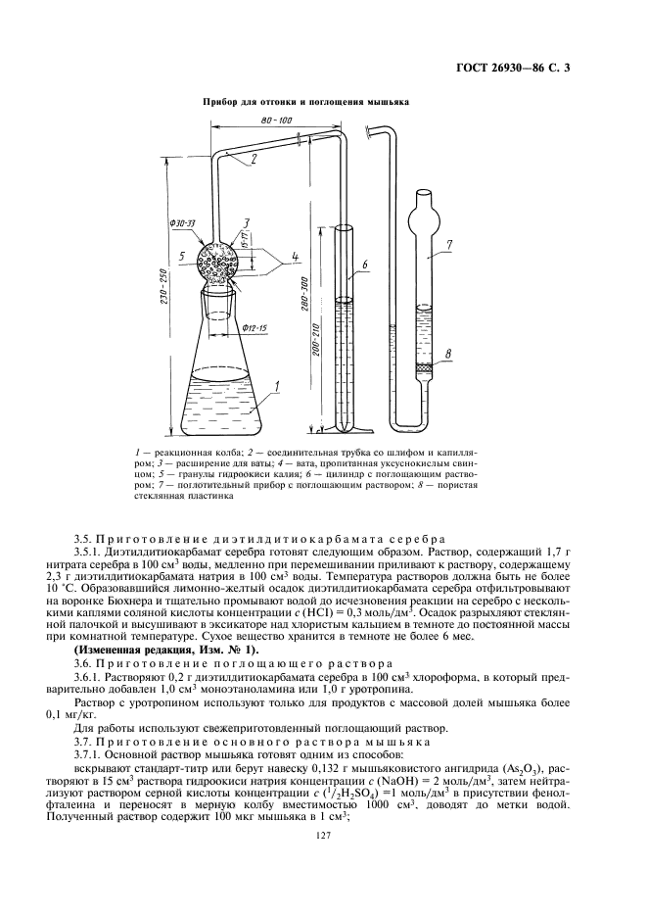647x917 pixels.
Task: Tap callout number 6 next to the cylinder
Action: coord(363,265)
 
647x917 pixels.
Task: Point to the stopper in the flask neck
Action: coord(220,293)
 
